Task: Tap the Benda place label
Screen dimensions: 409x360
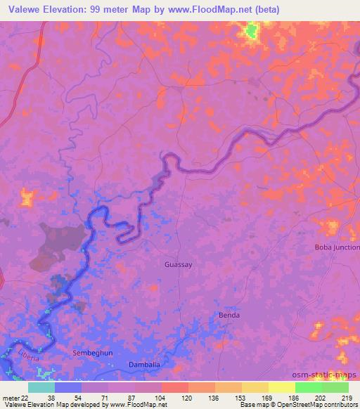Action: pyautogui.click(x=229, y=315)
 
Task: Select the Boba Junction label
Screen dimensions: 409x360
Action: pyautogui.click(x=337, y=247)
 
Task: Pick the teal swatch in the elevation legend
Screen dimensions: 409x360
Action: pyautogui.click(x=41, y=387)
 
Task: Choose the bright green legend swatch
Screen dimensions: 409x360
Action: pyautogui.click(x=309, y=387)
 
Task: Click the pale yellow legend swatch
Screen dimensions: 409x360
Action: pyautogui.click(x=282, y=387)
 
